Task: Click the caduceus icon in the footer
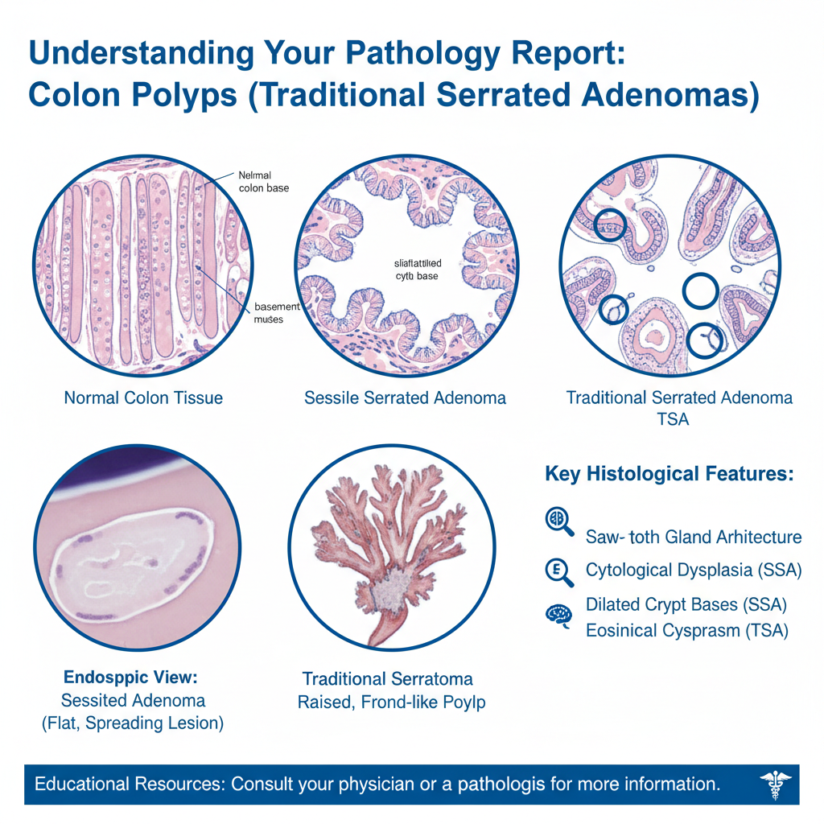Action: point(775,784)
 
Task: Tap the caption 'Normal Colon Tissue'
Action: point(143,398)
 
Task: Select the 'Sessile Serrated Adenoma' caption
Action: point(405,398)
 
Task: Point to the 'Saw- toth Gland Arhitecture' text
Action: point(694,537)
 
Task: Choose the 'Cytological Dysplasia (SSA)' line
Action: point(694,571)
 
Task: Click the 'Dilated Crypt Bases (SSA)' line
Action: point(686,604)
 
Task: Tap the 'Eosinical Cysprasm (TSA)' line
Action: point(686,630)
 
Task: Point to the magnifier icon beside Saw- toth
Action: point(558,521)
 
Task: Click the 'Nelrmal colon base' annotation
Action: point(264,181)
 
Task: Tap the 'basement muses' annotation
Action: point(276,312)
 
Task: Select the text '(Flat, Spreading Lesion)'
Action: point(132,723)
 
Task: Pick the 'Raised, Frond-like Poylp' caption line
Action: point(391,702)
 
